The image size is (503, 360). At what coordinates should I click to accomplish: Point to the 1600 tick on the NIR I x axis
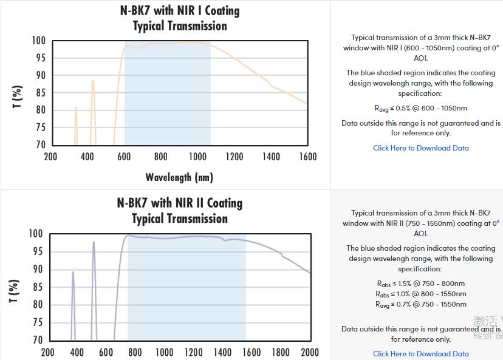(x=308, y=157)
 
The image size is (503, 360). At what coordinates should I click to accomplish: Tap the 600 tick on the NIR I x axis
(x=124, y=157)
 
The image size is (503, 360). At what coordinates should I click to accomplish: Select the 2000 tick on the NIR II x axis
(x=310, y=352)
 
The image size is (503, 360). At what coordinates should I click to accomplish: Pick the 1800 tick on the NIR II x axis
(x=281, y=352)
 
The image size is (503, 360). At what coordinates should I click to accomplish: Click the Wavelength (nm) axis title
(x=179, y=177)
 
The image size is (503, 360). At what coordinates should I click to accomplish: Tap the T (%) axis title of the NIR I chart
(x=17, y=97)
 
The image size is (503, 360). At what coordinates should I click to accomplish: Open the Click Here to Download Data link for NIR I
(x=420, y=148)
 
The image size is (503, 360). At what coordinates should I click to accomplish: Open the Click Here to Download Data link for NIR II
(x=420, y=353)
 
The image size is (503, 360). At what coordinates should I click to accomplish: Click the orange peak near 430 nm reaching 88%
(x=93, y=81)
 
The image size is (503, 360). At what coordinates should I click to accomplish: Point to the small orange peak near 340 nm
(x=76, y=108)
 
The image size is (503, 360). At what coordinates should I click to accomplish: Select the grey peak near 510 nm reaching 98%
(x=94, y=242)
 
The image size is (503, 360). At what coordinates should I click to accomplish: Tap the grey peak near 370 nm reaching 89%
(x=73, y=273)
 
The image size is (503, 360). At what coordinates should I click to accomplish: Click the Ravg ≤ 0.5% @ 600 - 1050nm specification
(x=420, y=108)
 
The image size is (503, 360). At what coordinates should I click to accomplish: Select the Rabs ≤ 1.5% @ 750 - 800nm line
(x=420, y=284)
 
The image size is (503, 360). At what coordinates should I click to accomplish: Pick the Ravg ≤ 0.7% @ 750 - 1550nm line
(x=420, y=304)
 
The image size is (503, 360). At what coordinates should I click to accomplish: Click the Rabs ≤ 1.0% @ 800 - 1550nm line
(x=420, y=294)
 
